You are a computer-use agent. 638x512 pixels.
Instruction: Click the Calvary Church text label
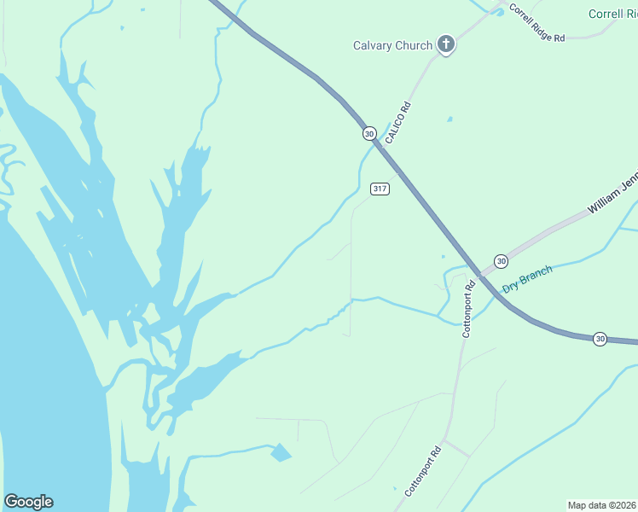[x=392, y=45]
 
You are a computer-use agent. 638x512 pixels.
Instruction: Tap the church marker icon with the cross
[x=444, y=44]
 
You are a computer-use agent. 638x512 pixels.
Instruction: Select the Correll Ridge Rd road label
[x=537, y=23]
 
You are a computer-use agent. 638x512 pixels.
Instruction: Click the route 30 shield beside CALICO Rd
[x=368, y=133]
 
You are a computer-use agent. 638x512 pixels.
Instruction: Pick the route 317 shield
[x=380, y=189]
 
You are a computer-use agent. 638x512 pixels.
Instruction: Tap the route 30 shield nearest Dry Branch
[x=501, y=261]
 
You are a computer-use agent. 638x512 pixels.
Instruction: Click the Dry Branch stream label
[x=527, y=279]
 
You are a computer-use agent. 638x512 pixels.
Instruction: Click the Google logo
[x=28, y=502]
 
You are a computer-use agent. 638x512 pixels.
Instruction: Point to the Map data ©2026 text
[x=600, y=504]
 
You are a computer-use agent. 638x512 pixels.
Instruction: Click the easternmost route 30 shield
[x=600, y=338]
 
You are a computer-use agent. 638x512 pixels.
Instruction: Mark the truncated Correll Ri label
[x=612, y=14]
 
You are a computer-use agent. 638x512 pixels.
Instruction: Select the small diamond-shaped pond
[x=281, y=452]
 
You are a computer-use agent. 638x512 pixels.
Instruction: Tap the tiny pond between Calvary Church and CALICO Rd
[x=449, y=119]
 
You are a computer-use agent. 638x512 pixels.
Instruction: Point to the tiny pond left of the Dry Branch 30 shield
[x=443, y=255]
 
